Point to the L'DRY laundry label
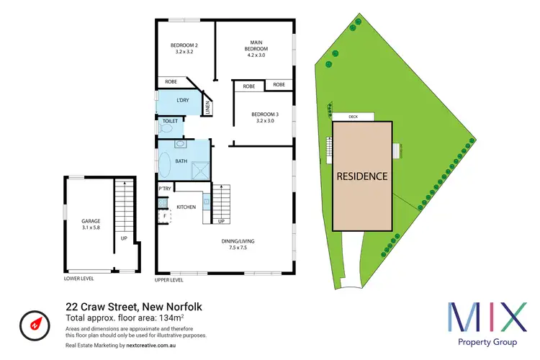click(x=183, y=100)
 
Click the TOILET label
click(x=170, y=122)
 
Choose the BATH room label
click(x=182, y=161)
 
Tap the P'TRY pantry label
click(x=164, y=189)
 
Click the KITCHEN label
click(x=186, y=207)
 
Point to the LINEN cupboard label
click(x=207, y=108)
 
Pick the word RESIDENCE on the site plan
click(x=363, y=176)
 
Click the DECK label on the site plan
click(x=353, y=115)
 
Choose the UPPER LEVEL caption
click(x=169, y=279)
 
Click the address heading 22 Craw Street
click(x=134, y=306)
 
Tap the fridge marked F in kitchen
click(x=163, y=215)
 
